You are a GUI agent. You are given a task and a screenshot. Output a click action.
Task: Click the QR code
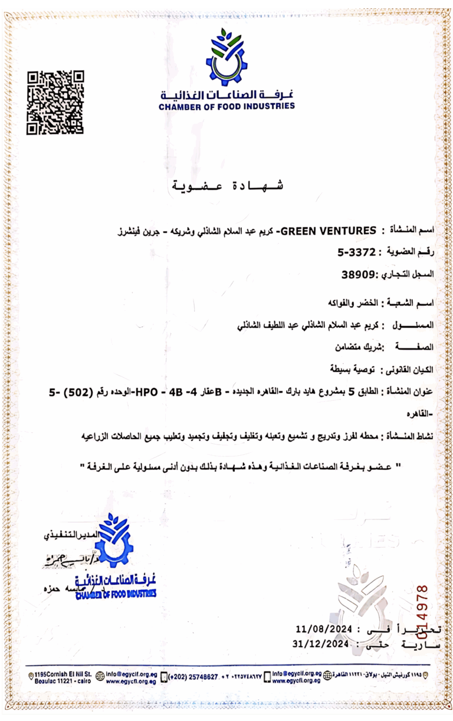pyautogui.click(x=56, y=102)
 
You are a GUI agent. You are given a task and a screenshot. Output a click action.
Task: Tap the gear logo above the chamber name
pyautogui.click(x=226, y=57)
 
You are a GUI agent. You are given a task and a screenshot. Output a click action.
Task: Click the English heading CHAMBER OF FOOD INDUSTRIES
pyautogui.click(x=226, y=107)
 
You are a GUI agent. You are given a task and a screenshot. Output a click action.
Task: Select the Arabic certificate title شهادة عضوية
pyautogui.click(x=228, y=186)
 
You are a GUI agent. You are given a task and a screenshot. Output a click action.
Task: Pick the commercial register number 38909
pyautogui.click(x=358, y=274)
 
